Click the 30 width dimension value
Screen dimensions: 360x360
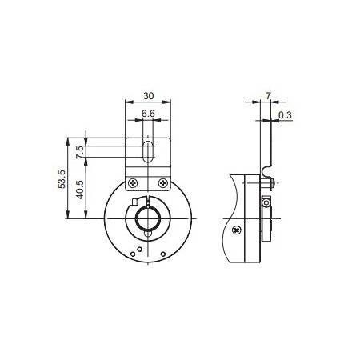pyautogui.click(x=149, y=92)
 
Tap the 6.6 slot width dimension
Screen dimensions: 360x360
pyautogui.click(x=149, y=114)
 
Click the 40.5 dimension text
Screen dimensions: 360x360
pyautogui.click(x=78, y=195)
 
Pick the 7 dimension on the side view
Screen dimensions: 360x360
pyautogui.click(x=268, y=94)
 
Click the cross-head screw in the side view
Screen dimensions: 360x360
pyautogui.click(x=238, y=230)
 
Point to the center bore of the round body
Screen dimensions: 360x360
pyautogui.click(x=149, y=218)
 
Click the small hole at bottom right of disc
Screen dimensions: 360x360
pyautogui.click(x=162, y=254)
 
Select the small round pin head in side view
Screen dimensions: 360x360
pyautogui.click(x=274, y=182)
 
